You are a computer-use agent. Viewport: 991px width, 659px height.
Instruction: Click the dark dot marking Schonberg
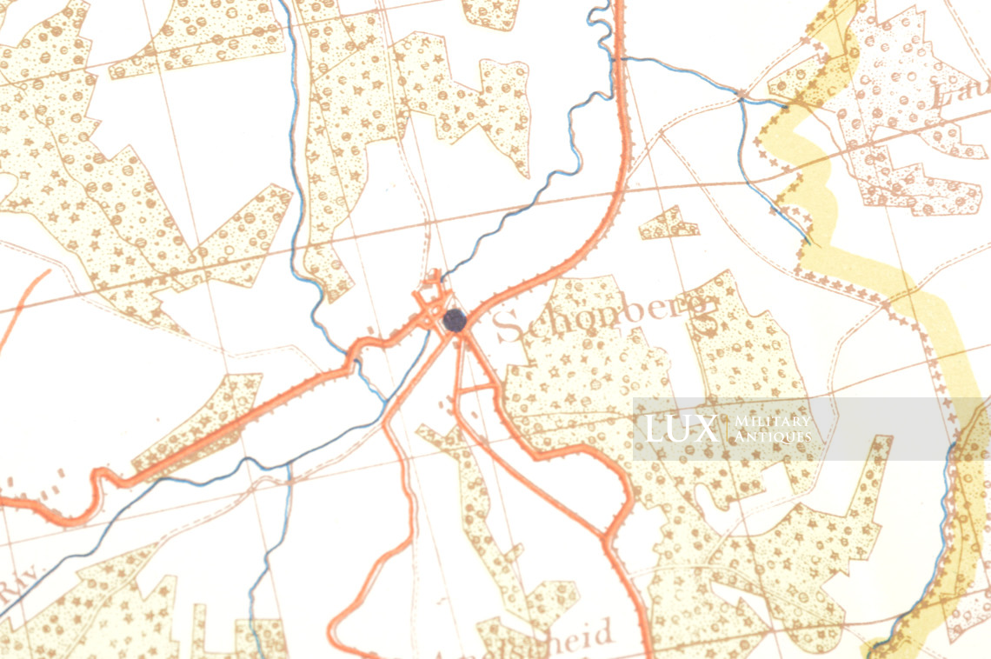tap(454, 320)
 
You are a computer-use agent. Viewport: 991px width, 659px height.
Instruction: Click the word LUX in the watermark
tap(681, 429)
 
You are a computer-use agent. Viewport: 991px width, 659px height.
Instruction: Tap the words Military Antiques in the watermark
tap(773, 429)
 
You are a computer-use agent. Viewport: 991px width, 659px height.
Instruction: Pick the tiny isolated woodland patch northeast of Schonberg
tap(668, 223)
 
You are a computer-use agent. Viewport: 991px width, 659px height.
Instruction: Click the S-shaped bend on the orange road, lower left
tap(96, 487)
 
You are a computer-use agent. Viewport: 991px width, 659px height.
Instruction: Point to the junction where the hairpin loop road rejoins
tap(606, 532)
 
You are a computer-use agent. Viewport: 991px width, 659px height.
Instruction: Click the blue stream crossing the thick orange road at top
tap(618, 58)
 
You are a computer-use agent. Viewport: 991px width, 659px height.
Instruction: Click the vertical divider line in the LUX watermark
tap(726, 429)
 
